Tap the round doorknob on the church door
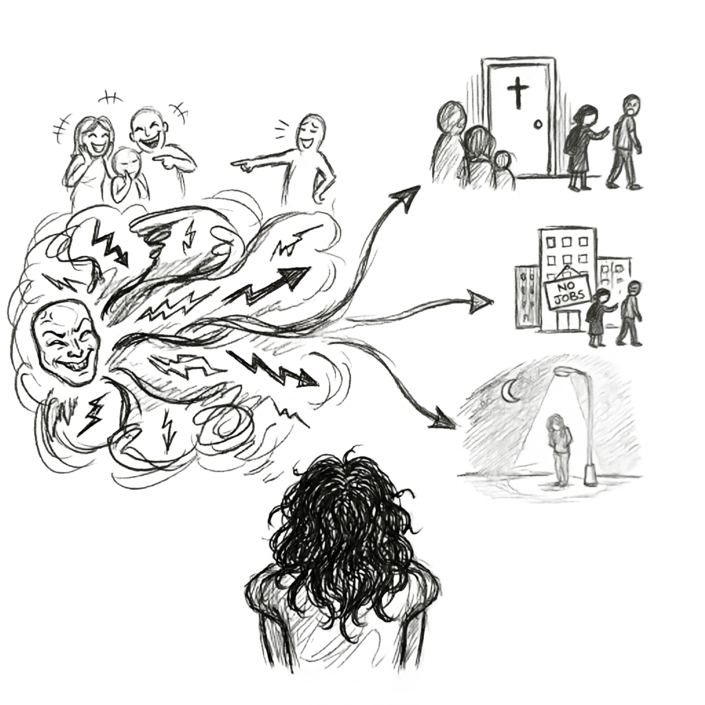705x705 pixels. (537, 124)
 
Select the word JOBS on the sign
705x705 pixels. (567, 297)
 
